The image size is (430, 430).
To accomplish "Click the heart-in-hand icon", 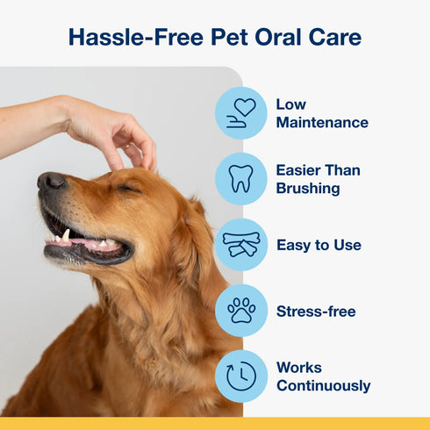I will [241, 113].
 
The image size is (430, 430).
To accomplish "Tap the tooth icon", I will [241, 179].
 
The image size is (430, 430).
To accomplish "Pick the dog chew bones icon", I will [241, 245].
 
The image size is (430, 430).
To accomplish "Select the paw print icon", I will [241, 311].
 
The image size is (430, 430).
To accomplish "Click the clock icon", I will [241, 376].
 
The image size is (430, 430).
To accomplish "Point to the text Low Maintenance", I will [321, 113].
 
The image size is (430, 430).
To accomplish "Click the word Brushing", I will [307, 189].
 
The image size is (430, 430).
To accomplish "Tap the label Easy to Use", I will [319, 245].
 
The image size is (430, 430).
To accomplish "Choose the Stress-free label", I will [316, 311].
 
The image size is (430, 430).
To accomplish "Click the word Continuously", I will [323, 386].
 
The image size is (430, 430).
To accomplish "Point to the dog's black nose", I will [51, 182].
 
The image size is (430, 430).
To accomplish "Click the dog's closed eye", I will [129, 188].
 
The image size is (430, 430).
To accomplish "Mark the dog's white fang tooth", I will [66, 235].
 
